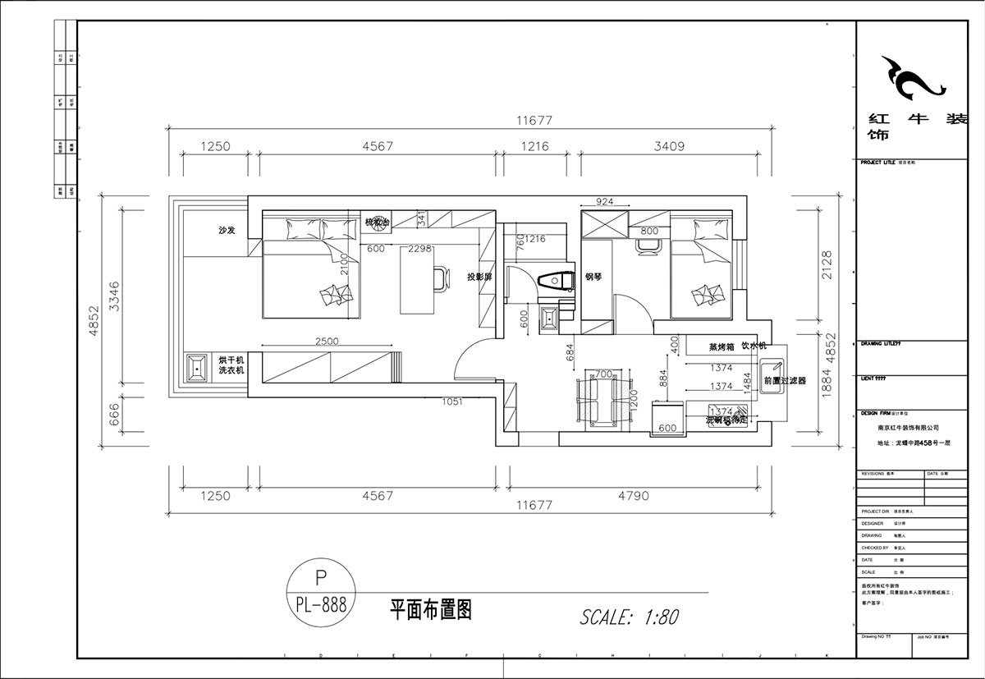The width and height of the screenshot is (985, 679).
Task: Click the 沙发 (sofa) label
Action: [227, 231]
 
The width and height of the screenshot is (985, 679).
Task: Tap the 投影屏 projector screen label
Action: [479, 278]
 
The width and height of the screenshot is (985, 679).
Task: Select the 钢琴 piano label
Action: [593, 278]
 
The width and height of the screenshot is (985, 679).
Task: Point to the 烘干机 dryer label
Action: [231, 360]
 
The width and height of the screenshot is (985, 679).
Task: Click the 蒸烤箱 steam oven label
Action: [722, 347]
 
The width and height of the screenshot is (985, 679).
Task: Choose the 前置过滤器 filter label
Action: [785, 381]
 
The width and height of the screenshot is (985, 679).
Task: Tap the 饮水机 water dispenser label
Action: [754, 346]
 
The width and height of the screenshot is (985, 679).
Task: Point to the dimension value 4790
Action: [632, 495]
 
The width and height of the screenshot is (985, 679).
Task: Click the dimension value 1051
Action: [452, 401]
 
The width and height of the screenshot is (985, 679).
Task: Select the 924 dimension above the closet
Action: [604, 201]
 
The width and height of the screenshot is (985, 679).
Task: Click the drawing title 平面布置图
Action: [430, 609]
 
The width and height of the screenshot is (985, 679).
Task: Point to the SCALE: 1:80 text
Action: [629, 617]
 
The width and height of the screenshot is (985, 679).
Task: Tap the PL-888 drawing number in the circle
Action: [321, 605]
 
